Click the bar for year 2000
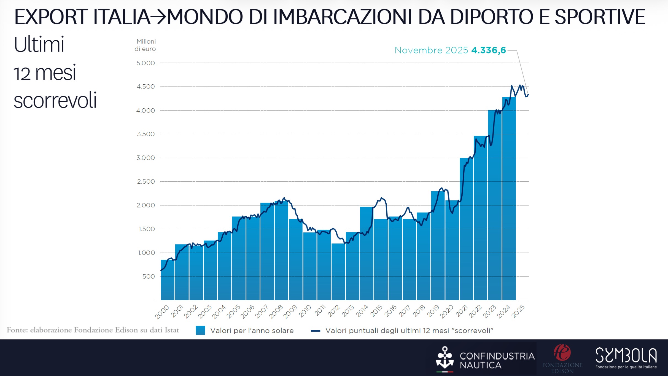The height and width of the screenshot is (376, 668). click(x=168, y=280)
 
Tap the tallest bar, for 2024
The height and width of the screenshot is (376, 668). click(x=509, y=198)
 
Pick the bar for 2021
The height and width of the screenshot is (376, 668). click(x=466, y=229)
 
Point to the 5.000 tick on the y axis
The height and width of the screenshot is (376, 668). click(x=146, y=63)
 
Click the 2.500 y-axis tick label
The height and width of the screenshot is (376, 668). click(x=146, y=182)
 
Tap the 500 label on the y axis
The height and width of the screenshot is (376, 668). click(x=149, y=276)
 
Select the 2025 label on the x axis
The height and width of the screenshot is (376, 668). click(x=519, y=312)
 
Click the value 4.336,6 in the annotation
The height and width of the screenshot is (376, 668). click(x=489, y=50)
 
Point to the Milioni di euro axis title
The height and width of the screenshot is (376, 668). click(x=145, y=45)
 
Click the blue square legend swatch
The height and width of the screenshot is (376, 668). click(x=200, y=330)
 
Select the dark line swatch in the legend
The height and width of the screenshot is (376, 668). click(x=315, y=331)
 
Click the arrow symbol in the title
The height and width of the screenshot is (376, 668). click(x=158, y=17)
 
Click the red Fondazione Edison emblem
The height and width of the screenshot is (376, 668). click(x=562, y=353)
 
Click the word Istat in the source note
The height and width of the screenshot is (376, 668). click(x=172, y=330)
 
